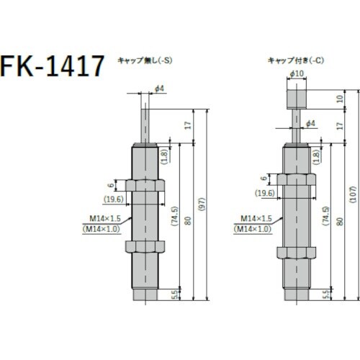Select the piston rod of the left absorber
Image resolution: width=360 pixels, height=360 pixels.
pos(146,122)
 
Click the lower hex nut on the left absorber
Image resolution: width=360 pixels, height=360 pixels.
pos(146,246)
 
